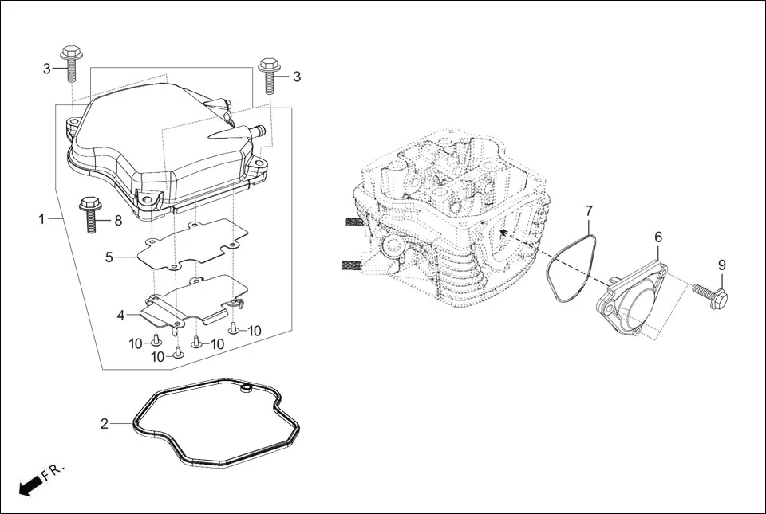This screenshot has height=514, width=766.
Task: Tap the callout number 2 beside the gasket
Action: pos(104,424)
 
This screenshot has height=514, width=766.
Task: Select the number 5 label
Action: pos(109,257)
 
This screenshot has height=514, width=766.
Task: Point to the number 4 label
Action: pos(120,316)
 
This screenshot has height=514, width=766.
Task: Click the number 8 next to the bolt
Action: pos(118,220)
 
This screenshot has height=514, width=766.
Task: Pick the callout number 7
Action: pos(589,210)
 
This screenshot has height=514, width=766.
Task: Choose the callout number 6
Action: pos(658,237)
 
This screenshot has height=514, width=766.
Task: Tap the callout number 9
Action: pos(721,265)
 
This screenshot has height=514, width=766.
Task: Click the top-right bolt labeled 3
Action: pos(268,76)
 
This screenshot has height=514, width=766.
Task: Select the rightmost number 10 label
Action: pos(255,331)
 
